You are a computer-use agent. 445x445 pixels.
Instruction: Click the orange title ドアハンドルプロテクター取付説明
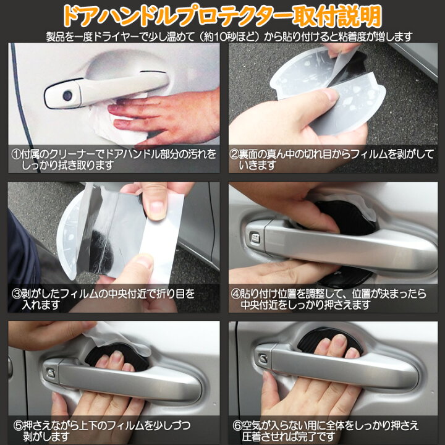coord(222,15)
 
